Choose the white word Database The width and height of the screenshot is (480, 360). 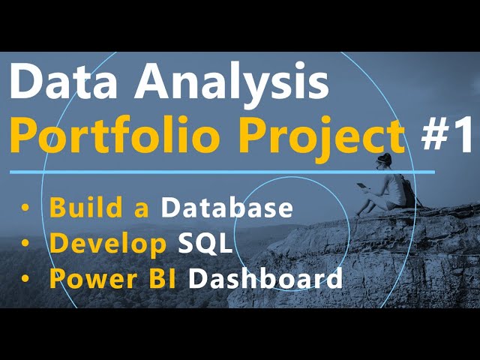click(227, 208)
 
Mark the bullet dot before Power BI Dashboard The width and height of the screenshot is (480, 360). click(27, 280)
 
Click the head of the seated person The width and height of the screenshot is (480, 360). click(385, 160)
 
